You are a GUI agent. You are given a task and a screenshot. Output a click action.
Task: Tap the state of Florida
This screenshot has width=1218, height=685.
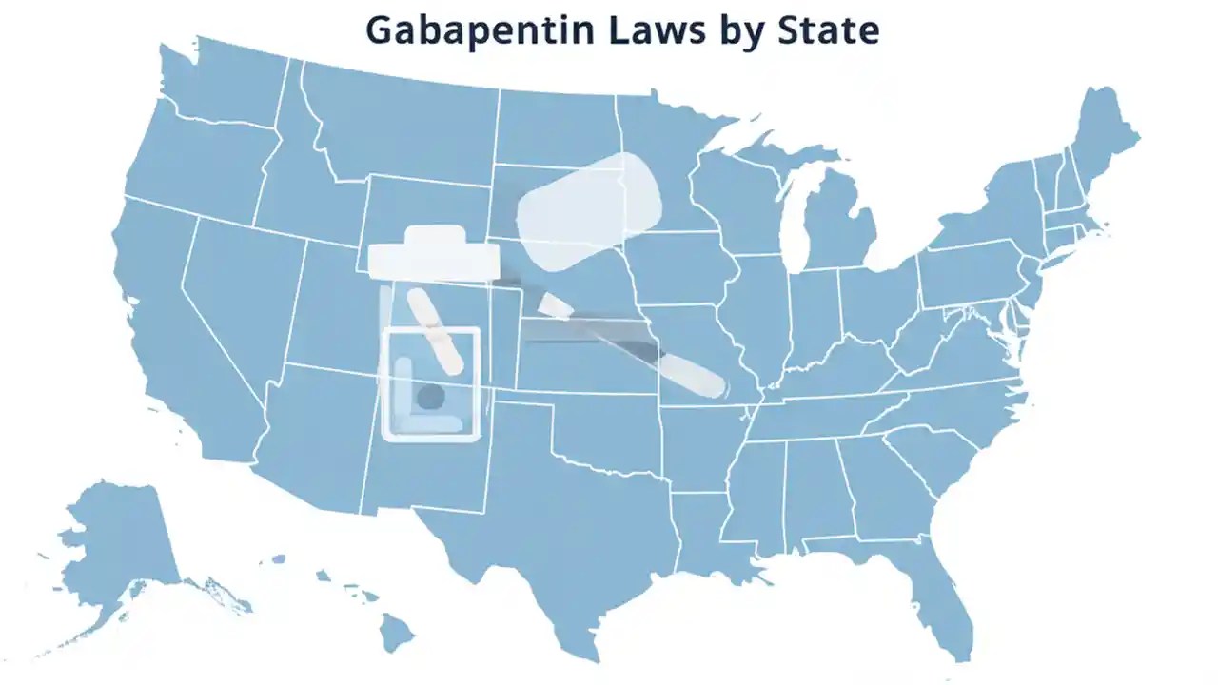pyautogui.click(x=937, y=590)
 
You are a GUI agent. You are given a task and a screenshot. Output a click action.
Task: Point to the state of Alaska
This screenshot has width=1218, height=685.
pyautogui.click(x=119, y=542)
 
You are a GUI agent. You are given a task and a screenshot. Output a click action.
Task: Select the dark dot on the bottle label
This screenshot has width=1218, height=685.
pyautogui.click(x=430, y=397)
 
